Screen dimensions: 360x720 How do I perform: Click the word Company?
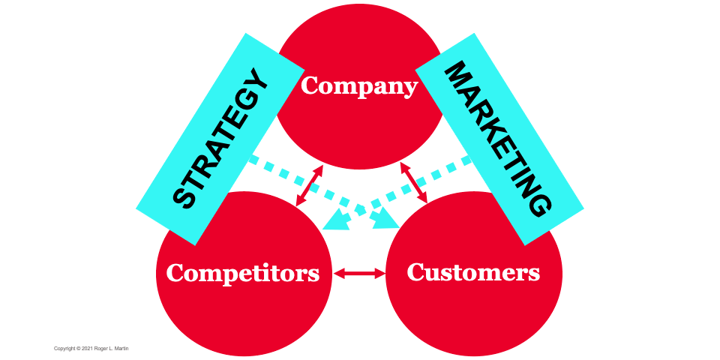[358, 87]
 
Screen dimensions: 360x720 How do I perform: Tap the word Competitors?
[243, 272]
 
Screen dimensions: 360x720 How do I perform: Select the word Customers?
[473, 271]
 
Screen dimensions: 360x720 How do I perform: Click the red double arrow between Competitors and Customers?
[358, 274]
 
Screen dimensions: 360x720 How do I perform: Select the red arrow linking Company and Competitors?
[310, 185]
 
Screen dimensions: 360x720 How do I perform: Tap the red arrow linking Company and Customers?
[413, 182]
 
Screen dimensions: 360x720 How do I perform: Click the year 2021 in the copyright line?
[88, 349]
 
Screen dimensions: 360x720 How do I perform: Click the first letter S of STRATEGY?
[184, 198]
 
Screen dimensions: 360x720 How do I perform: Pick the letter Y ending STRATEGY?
[256, 80]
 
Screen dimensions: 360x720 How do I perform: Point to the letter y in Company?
[409, 89]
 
